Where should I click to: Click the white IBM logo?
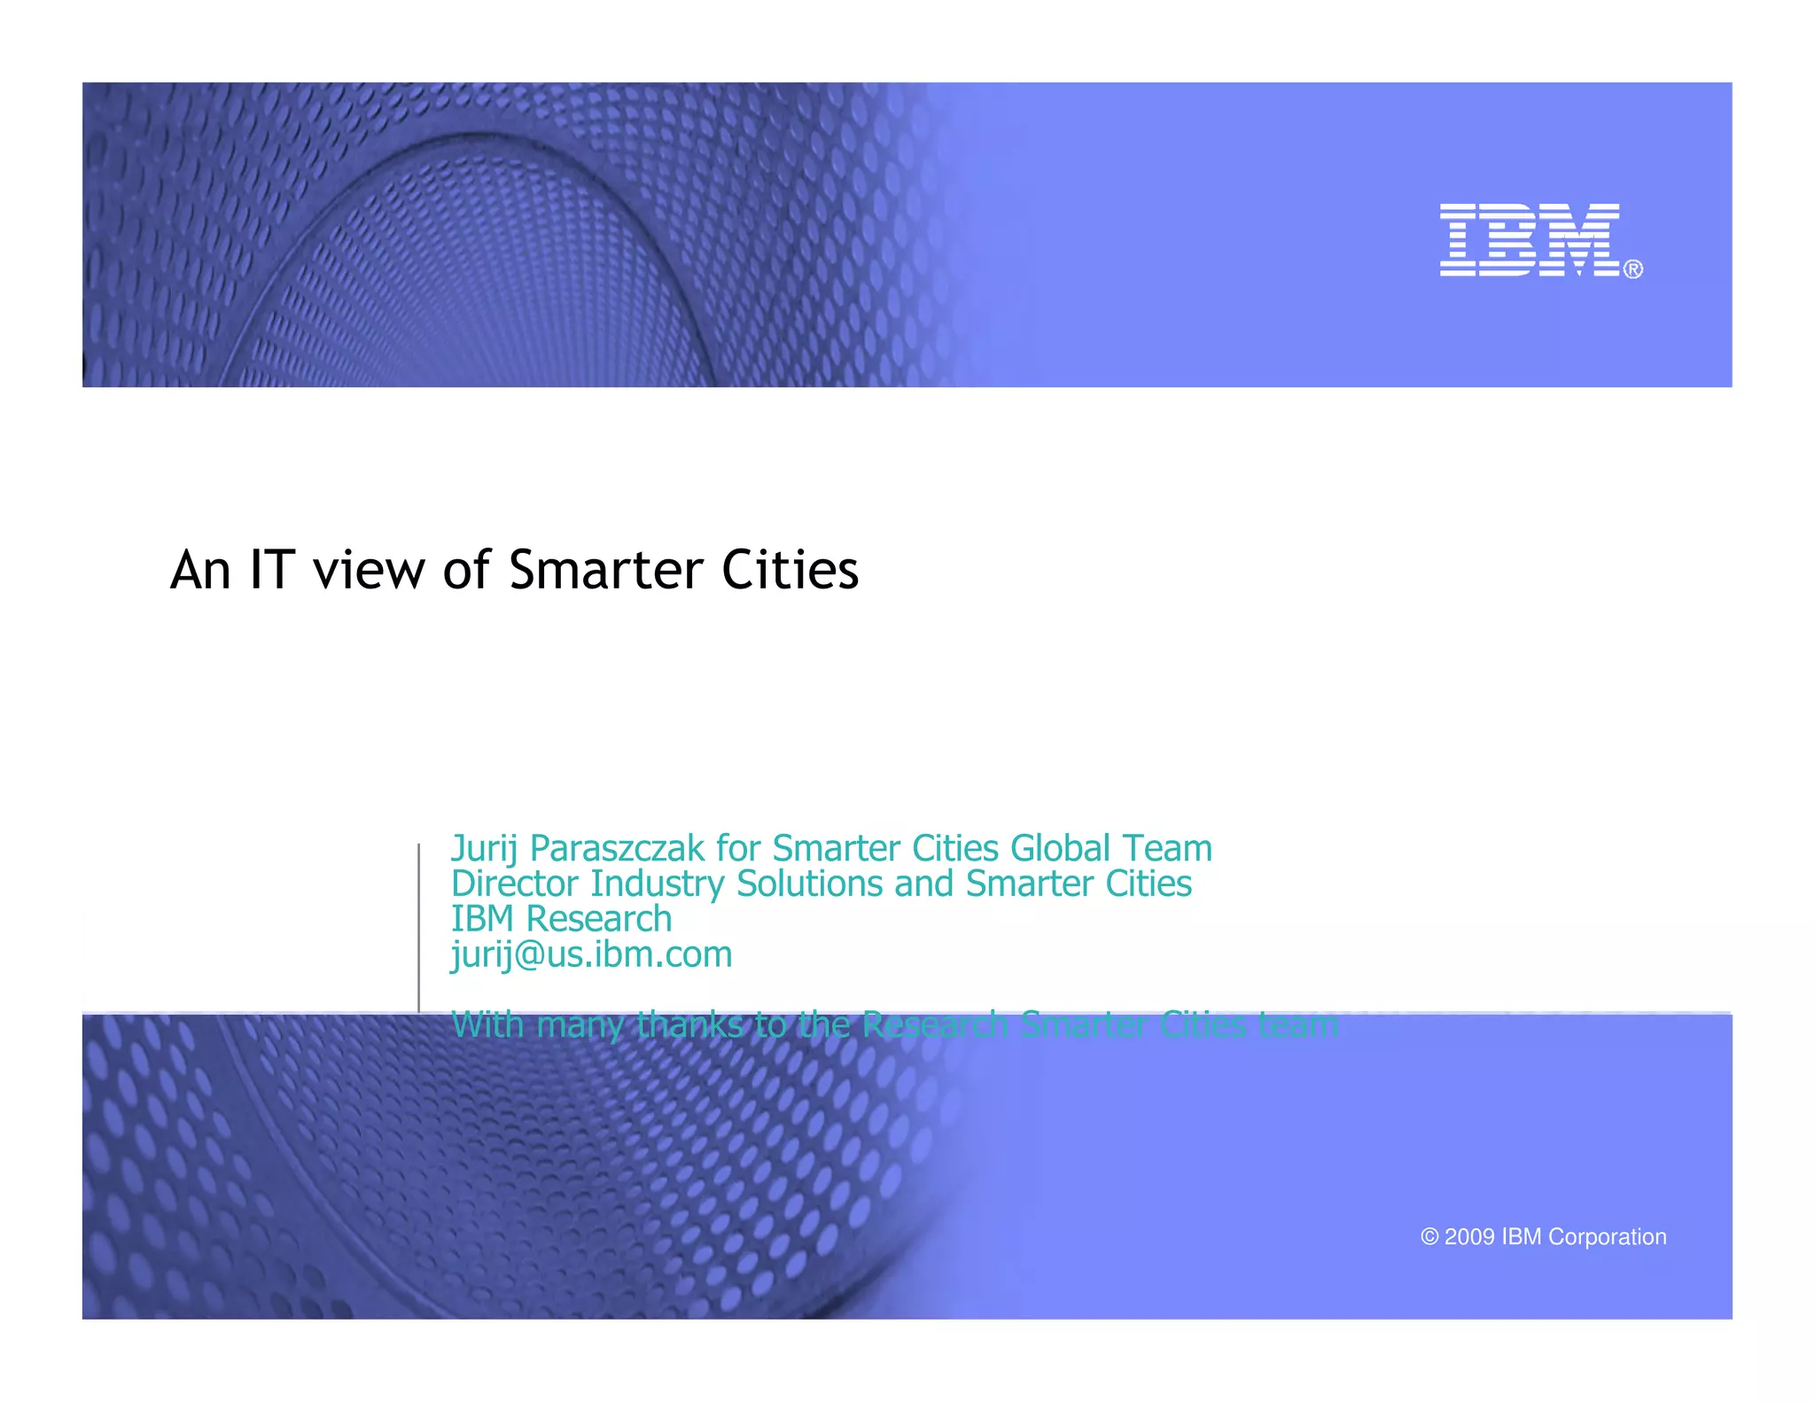pos(1530,240)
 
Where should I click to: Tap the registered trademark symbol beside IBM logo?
pos(1633,269)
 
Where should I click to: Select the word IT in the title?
pos(272,570)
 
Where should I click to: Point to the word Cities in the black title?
pos(790,570)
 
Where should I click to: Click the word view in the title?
pos(368,572)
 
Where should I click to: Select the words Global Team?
pos(1110,849)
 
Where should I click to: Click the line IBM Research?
pos(561,919)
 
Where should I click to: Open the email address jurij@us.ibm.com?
pos(591,954)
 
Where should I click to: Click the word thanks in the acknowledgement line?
pos(689,1025)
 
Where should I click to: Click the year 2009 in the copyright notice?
pos(1469,1237)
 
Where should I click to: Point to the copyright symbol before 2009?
pos(1429,1237)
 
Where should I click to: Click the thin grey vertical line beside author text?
pos(418,926)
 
